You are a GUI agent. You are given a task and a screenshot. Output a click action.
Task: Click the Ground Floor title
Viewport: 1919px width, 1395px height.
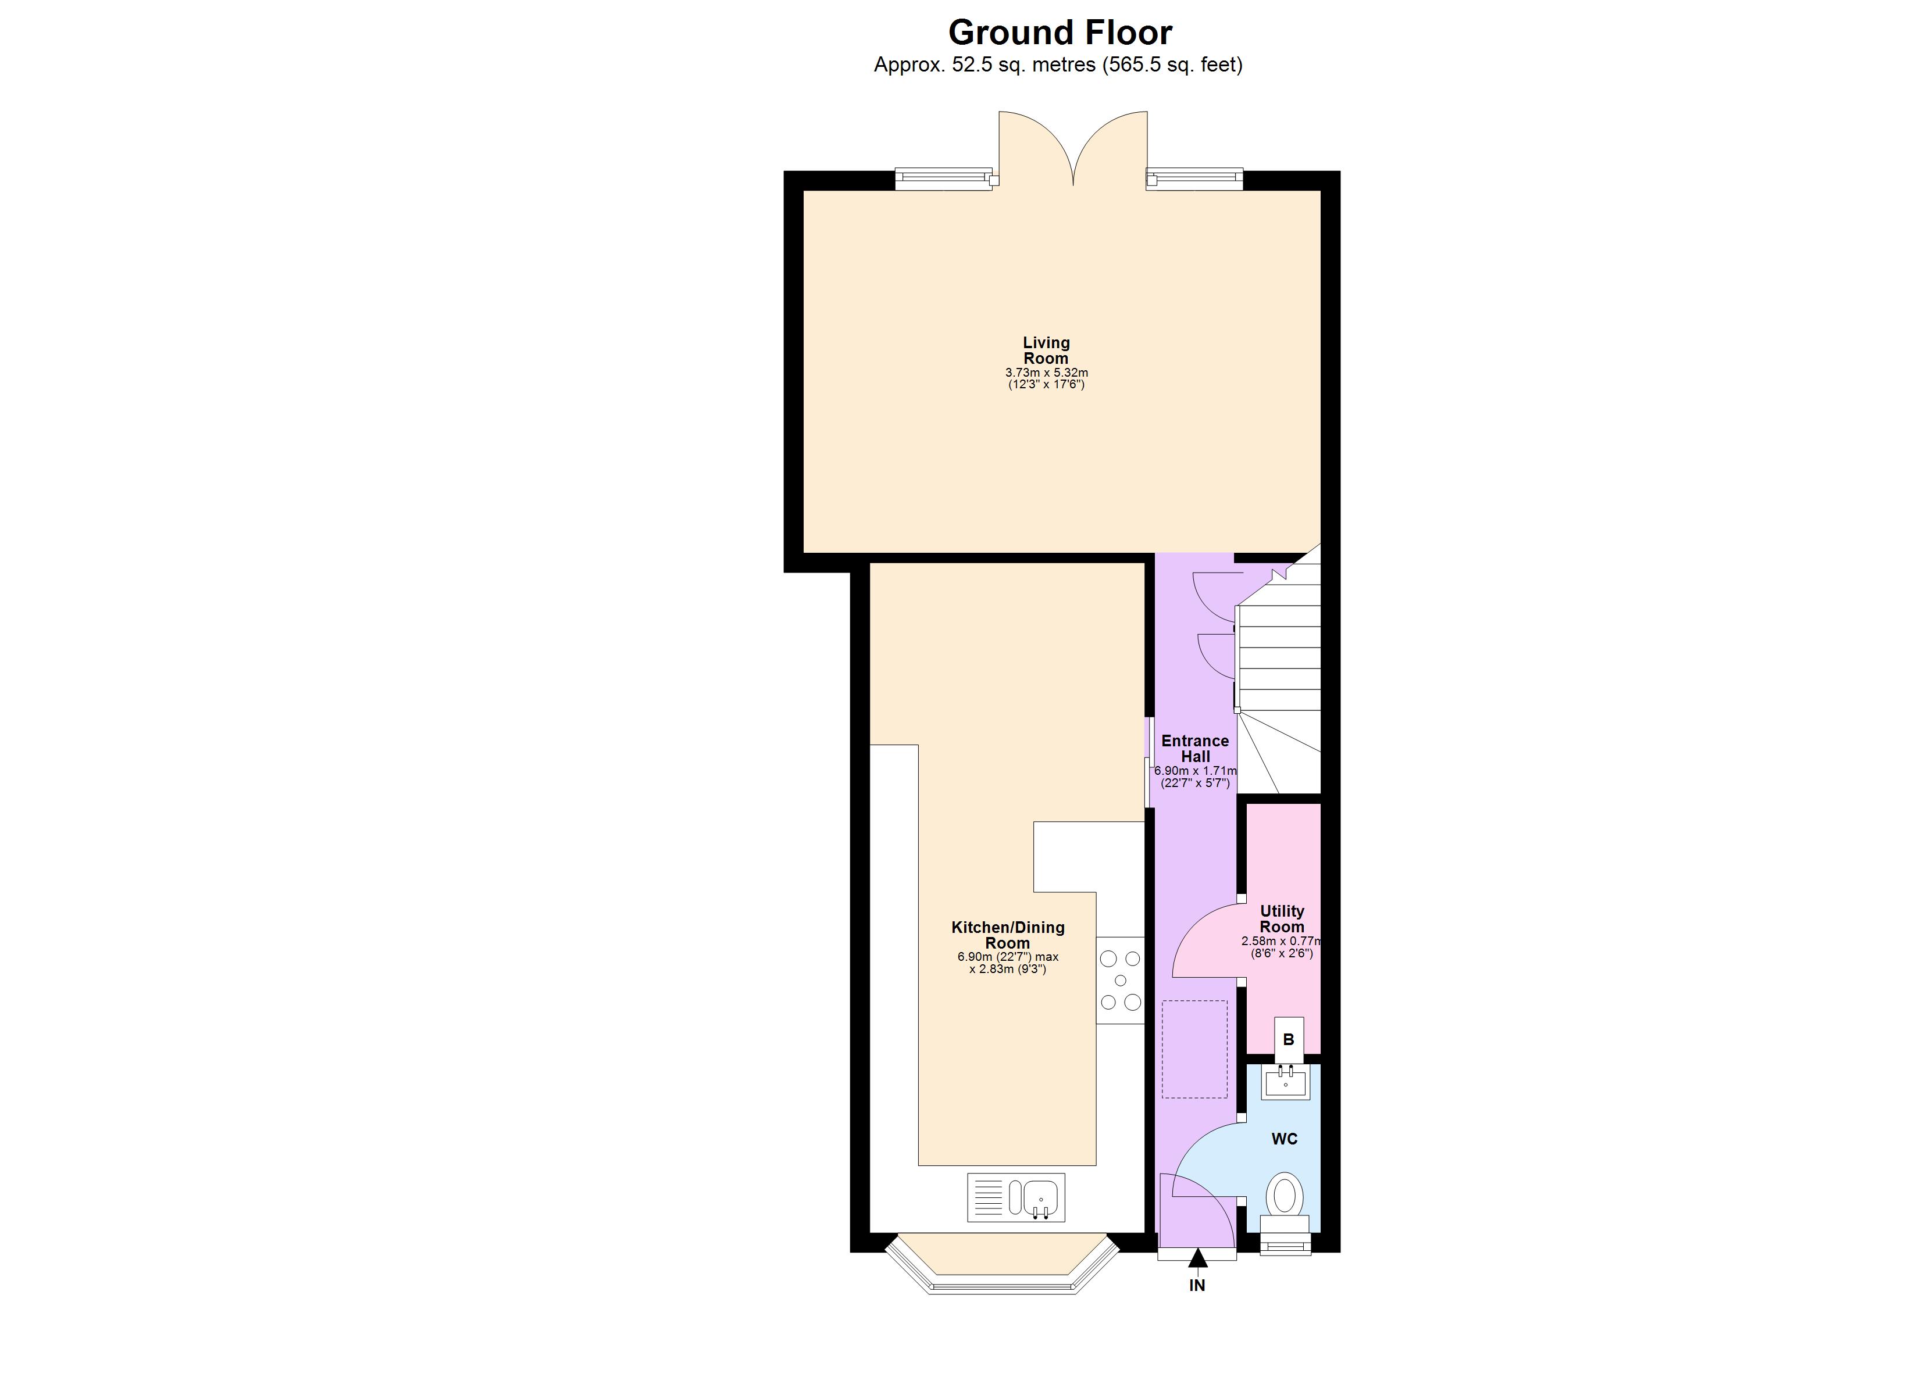click(1060, 33)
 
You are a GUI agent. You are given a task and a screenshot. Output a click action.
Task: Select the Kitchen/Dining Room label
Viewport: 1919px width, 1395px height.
click(1008, 935)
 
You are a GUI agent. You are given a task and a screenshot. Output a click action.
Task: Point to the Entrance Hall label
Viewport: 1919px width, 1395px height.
click(1194, 749)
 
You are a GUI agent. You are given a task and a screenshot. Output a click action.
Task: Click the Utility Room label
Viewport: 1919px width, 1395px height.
click(1282, 919)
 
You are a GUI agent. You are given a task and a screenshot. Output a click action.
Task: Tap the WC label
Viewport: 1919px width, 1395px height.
click(1285, 1139)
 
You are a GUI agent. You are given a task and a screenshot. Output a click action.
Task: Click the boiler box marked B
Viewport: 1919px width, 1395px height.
click(1289, 1040)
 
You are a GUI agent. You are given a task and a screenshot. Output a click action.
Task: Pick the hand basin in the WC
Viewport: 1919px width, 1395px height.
click(1285, 1081)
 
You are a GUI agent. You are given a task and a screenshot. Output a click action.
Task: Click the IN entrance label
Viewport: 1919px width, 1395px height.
click(1197, 1286)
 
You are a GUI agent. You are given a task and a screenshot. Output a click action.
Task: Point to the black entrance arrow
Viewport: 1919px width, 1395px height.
click(1197, 1260)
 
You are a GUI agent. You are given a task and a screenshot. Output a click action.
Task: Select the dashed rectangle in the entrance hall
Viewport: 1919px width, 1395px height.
click(1194, 1049)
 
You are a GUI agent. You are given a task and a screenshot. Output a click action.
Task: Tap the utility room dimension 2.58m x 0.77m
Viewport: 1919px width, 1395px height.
click(1282, 940)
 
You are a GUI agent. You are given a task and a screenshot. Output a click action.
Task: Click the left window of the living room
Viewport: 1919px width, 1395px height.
click(943, 178)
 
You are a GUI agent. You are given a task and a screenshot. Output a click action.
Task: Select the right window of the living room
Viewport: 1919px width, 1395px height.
click(1194, 178)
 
